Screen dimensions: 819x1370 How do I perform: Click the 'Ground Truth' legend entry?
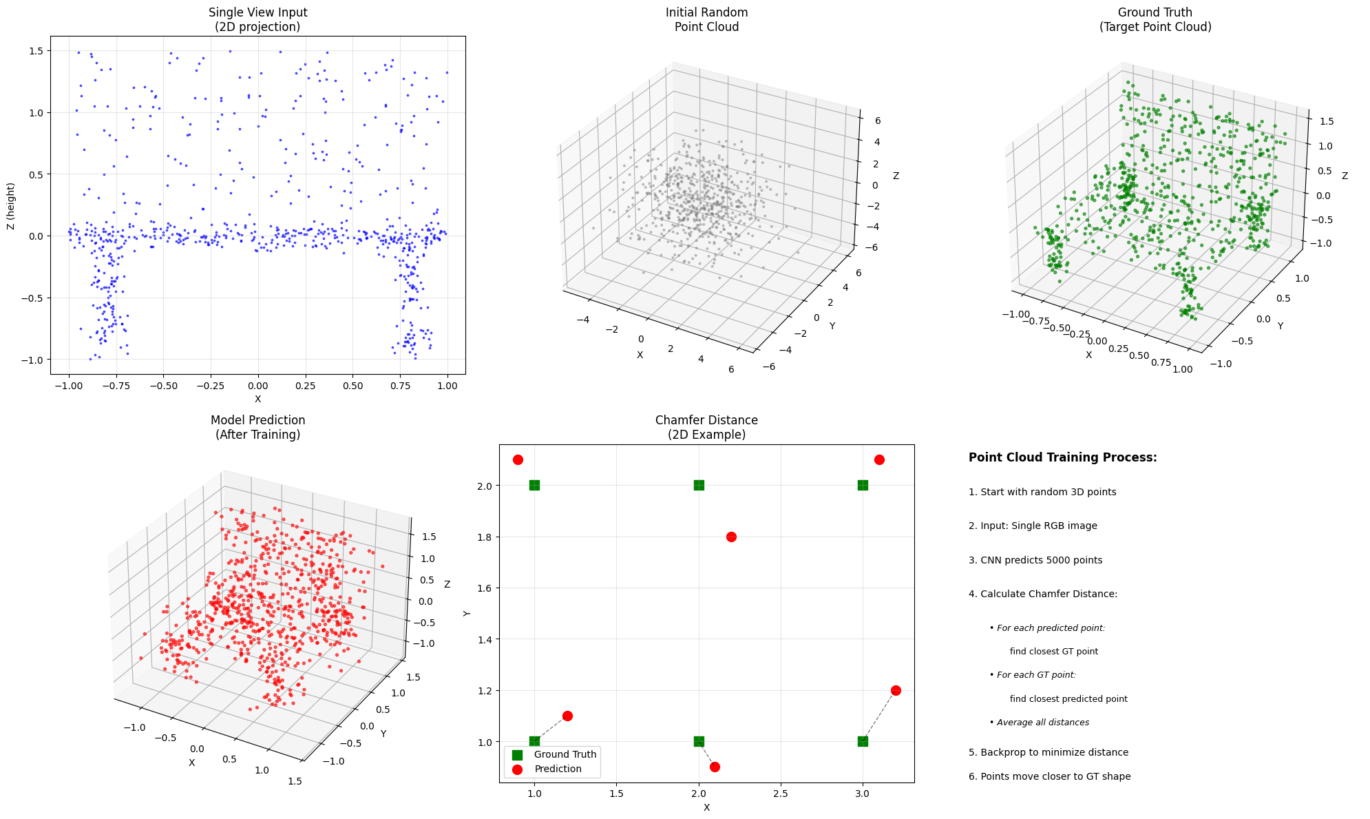coord(565,754)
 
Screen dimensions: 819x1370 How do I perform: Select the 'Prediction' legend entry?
coord(558,769)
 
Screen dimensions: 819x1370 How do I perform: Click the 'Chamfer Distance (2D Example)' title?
coord(706,427)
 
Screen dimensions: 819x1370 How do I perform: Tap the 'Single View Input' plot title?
coord(257,19)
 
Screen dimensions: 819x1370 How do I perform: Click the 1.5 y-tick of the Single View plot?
coord(34,51)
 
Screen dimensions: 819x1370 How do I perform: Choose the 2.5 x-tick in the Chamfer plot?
coord(780,794)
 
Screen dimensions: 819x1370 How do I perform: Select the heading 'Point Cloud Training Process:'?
coord(1062,457)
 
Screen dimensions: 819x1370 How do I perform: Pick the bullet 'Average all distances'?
coord(1042,723)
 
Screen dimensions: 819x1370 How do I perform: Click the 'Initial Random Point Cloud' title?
coord(706,19)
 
